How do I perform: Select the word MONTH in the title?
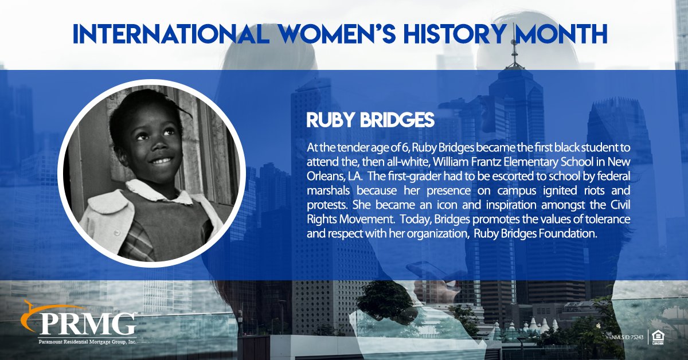561,34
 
